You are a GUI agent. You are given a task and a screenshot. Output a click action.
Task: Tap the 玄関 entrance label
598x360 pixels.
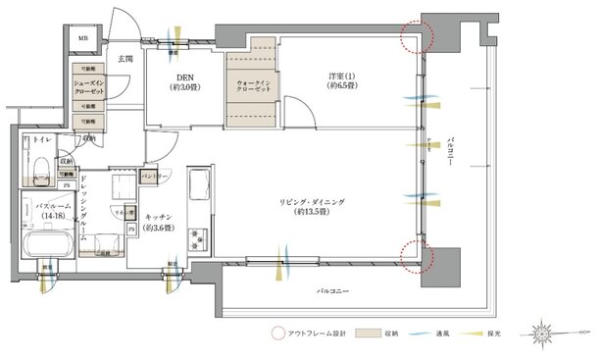[x=125, y=61]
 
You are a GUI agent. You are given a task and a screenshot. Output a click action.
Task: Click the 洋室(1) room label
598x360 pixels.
[x=341, y=80]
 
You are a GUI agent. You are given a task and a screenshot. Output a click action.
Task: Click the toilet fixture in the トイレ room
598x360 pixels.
[x=40, y=173]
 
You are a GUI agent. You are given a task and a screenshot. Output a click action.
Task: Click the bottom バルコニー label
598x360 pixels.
[x=335, y=291]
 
